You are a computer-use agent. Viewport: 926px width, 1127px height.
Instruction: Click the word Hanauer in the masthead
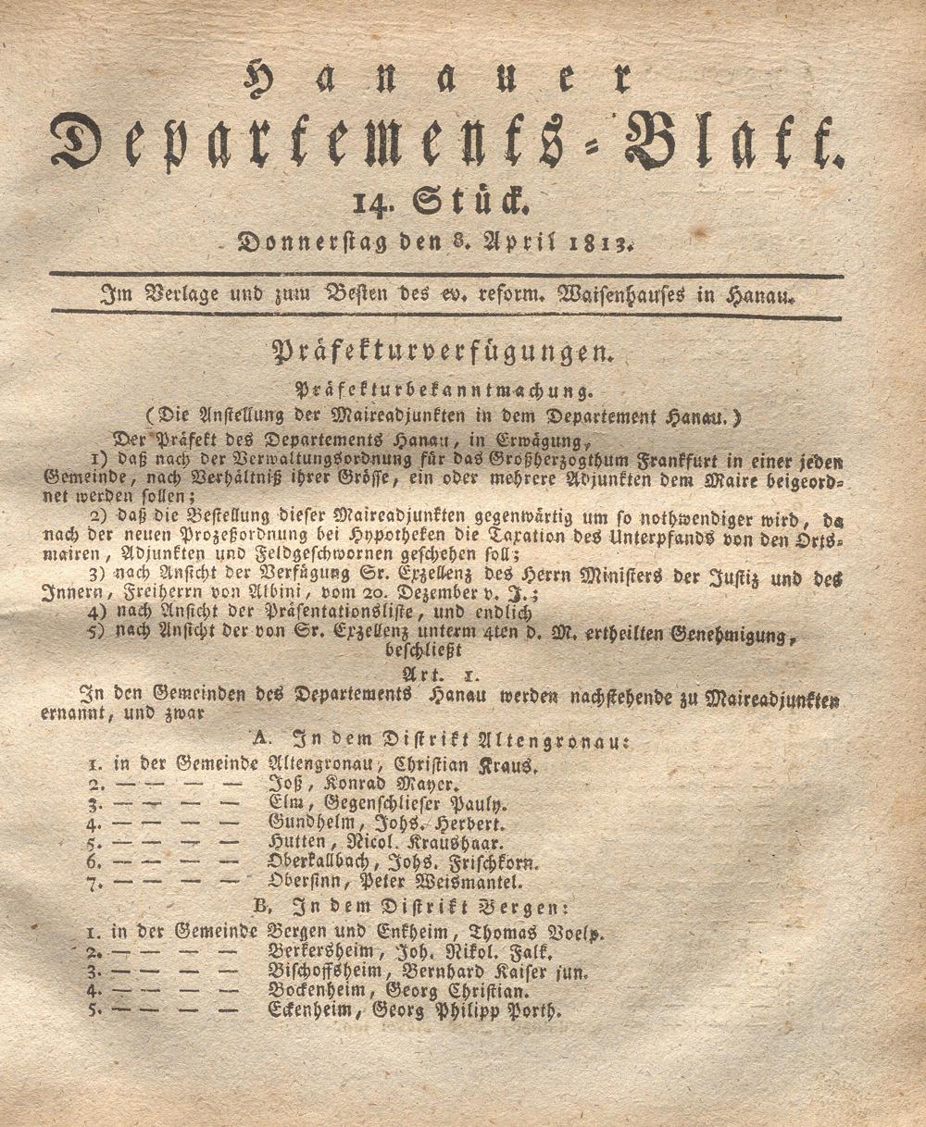tap(436, 80)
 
